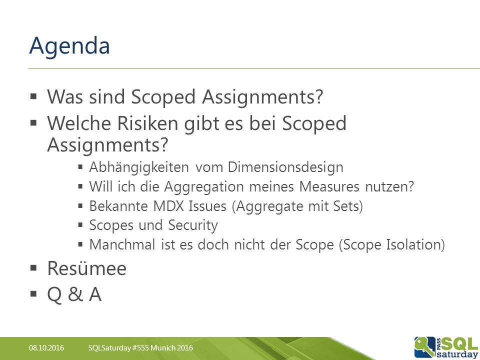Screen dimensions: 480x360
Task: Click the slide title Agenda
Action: coord(69,46)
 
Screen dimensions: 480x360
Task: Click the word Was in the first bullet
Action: coord(65,96)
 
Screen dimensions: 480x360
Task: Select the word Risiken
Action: coord(148,123)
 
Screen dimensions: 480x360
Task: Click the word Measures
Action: coord(329,186)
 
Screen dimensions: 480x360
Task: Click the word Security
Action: coord(193,225)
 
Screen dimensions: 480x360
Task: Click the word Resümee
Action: coord(87,269)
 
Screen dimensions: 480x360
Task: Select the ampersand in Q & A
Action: coord(75,294)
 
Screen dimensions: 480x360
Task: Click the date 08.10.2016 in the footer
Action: coord(46,348)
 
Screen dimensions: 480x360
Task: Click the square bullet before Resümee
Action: coord(33,268)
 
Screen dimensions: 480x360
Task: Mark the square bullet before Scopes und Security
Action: coord(80,225)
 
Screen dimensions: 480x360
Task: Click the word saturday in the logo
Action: coord(457,354)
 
